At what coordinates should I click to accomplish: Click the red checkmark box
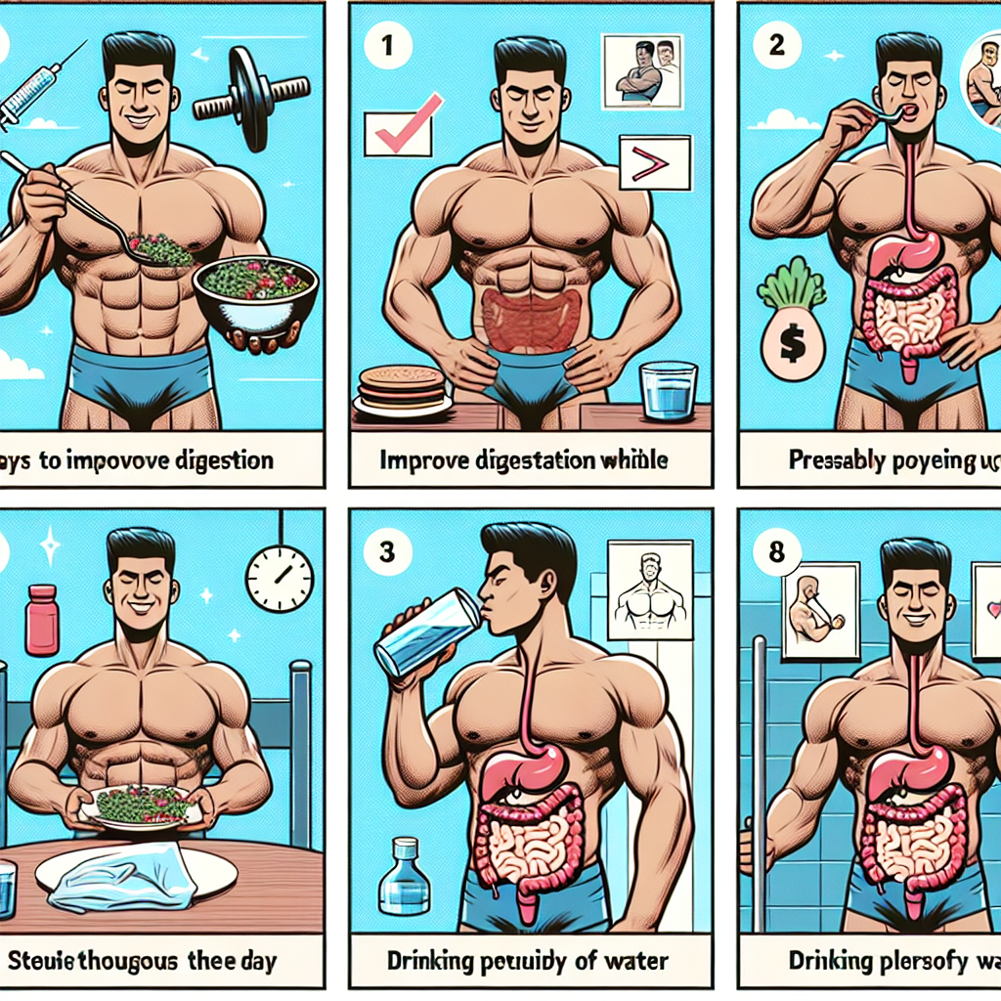click(x=398, y=133)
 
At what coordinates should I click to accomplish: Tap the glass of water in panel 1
click(x=669, y=391)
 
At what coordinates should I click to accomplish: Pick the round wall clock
click(x=280, y=579)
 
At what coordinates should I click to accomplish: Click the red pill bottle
click(x=42, y=620)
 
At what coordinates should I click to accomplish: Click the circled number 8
click(x=776, y=552)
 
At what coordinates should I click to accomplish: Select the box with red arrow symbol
click(x=654, y=160)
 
